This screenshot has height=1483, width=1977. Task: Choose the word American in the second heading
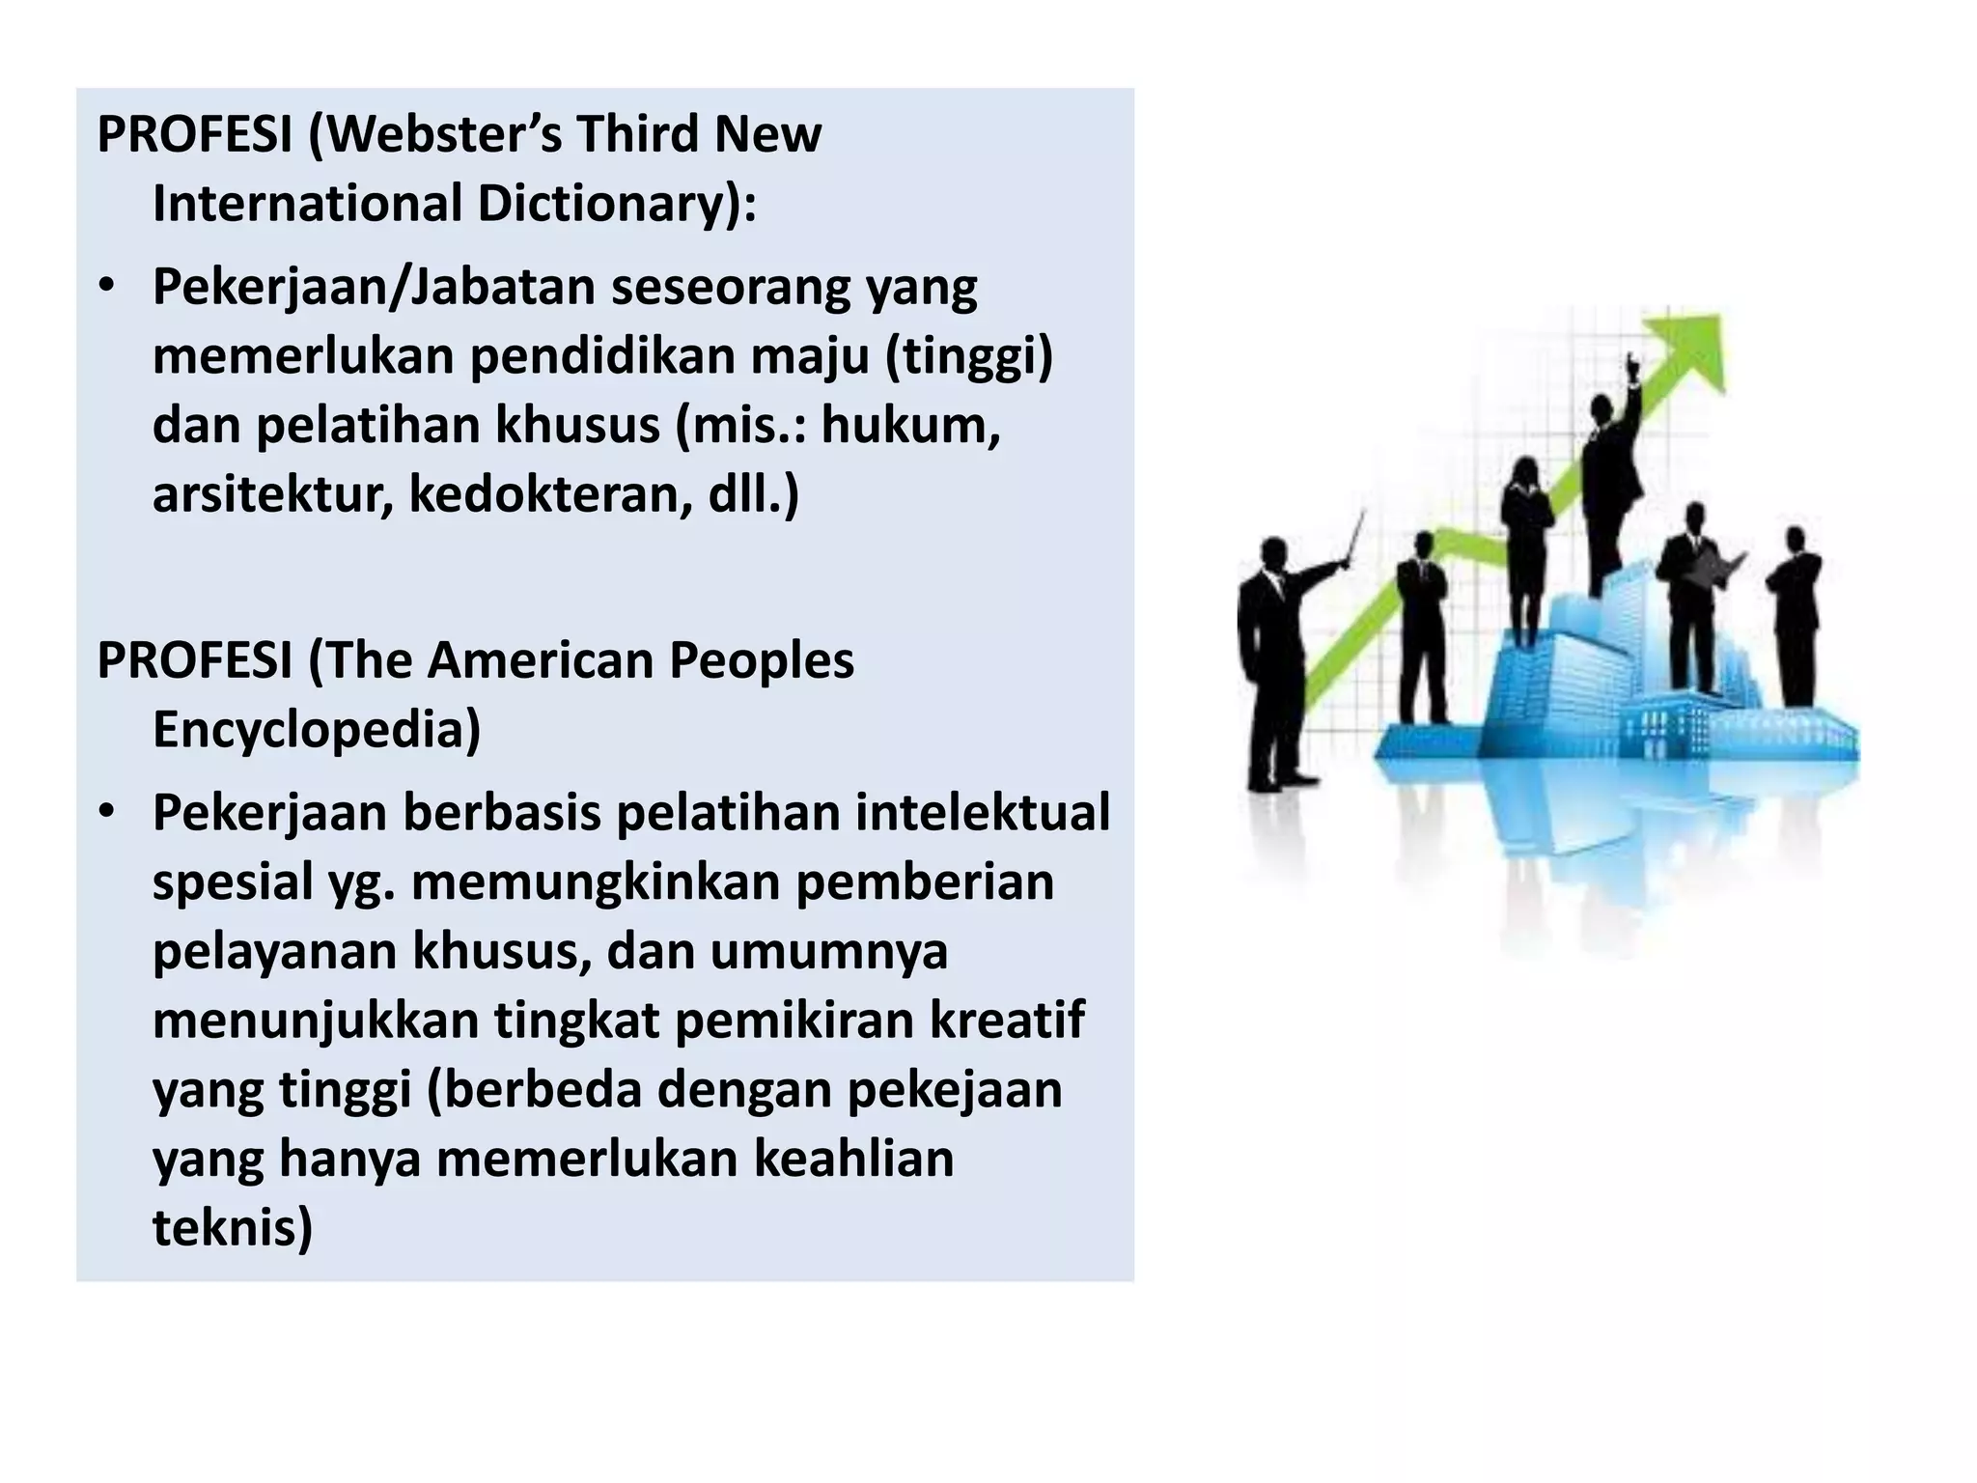coord(540,661)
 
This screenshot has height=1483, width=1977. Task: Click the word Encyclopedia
coord(317,730)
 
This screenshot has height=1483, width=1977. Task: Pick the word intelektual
coord(983,813)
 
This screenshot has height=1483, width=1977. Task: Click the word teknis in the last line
coord(232,1228)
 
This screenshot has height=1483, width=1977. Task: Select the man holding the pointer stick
coord(1274,657)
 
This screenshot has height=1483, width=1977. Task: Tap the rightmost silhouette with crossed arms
coord(1795,618)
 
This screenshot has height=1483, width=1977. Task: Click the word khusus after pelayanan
coord(502,951)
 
